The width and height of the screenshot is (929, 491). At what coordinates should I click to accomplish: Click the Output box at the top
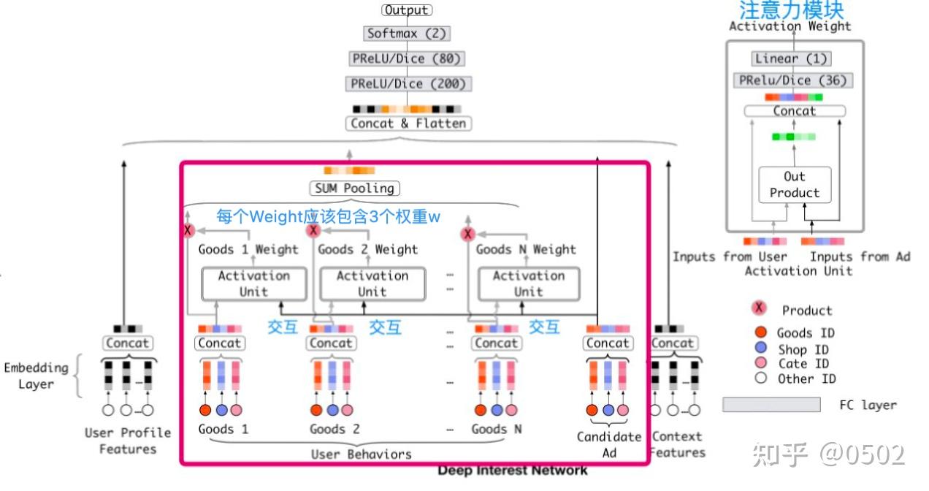coord(407,10)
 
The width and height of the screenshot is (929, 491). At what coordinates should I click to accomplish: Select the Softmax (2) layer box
coord(407,33)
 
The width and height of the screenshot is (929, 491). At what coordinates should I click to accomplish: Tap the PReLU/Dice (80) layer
coord(407,58)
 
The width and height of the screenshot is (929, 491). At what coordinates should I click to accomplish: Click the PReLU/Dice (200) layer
coord(408,84)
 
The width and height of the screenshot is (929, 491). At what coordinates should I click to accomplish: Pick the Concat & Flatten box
coord(408,123)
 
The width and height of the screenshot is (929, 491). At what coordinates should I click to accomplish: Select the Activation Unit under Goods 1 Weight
coord(253,283)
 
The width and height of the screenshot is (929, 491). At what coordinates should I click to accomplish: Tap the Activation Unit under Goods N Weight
coord(528,283)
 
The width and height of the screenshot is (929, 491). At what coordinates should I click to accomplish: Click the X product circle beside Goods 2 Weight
coord(313,231)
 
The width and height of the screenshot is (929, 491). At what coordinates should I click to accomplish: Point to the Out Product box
coord(795,185)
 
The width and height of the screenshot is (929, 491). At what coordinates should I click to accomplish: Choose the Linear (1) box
coord(792,58)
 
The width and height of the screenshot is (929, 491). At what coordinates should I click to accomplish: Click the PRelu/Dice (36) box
coord(792,80)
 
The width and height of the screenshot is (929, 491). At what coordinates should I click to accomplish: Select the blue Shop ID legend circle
coord(761,349)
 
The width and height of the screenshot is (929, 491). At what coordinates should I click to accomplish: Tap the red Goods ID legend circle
coord(761,332)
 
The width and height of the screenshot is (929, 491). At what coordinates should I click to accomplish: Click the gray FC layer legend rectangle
coord(771,405)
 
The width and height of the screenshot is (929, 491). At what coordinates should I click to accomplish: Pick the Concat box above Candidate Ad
coord(608,343)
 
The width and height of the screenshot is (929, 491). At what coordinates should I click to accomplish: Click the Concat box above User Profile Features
coord(127,343)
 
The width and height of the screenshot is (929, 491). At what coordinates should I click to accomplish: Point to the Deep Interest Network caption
coord(512,471)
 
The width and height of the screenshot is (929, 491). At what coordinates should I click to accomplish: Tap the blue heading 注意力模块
coord(792,10)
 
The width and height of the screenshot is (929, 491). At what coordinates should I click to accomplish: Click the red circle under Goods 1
coord(205,410)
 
